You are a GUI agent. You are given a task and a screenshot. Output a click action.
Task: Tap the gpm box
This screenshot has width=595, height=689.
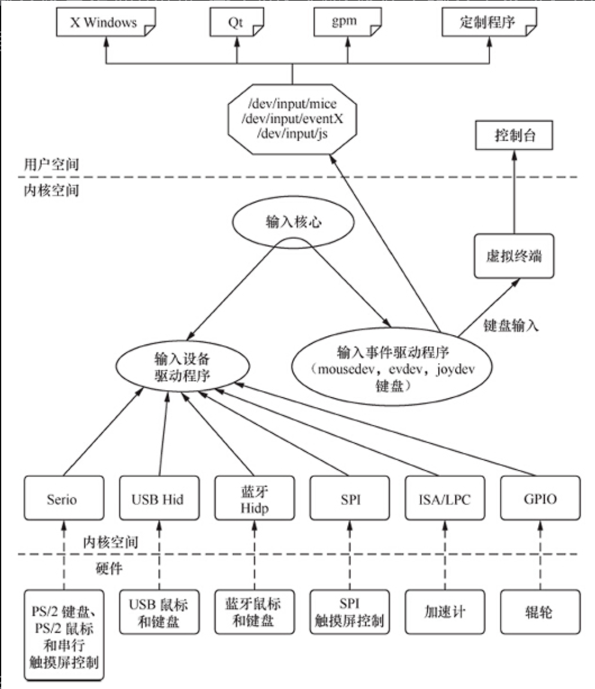344,24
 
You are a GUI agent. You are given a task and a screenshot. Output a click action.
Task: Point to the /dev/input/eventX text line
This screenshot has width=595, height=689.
292,119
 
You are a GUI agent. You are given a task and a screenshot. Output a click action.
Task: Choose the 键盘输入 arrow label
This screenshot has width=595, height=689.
512,326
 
